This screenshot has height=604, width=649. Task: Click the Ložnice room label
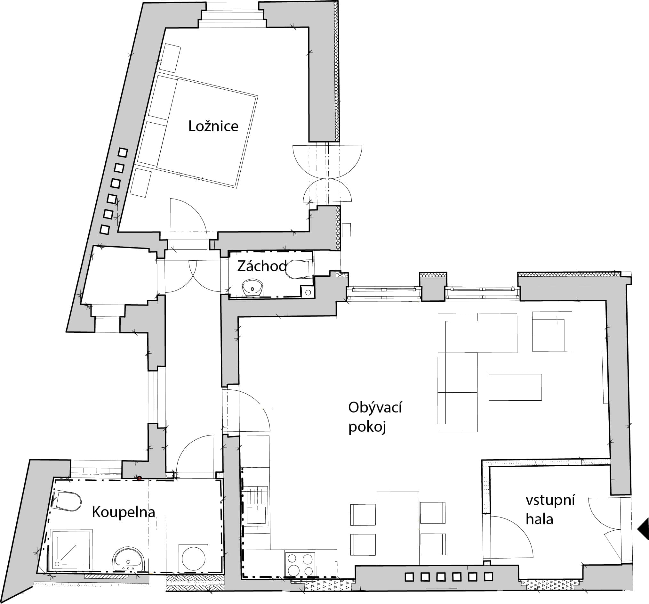(x=213, y=127)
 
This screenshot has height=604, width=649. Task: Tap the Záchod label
(x=262, y=266)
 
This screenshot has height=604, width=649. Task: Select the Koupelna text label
(x=124, y=512)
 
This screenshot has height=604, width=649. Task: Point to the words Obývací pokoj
(x=375, y=417)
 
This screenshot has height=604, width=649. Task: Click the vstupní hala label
(x=550, y=510)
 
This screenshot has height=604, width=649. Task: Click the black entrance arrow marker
(x=644, y=538)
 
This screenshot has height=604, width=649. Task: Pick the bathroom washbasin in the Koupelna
(x=128, y=559)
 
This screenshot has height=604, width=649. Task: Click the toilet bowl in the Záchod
(x=298, y=269)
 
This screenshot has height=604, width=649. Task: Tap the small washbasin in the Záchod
(x=252, y=288)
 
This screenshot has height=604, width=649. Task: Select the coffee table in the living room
(x=515, y=387)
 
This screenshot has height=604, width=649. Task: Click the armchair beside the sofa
(x=552, y=331)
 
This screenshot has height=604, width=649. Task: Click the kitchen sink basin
(x=256, y=515)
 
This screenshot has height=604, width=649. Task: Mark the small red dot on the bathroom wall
(x=139, y=478)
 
